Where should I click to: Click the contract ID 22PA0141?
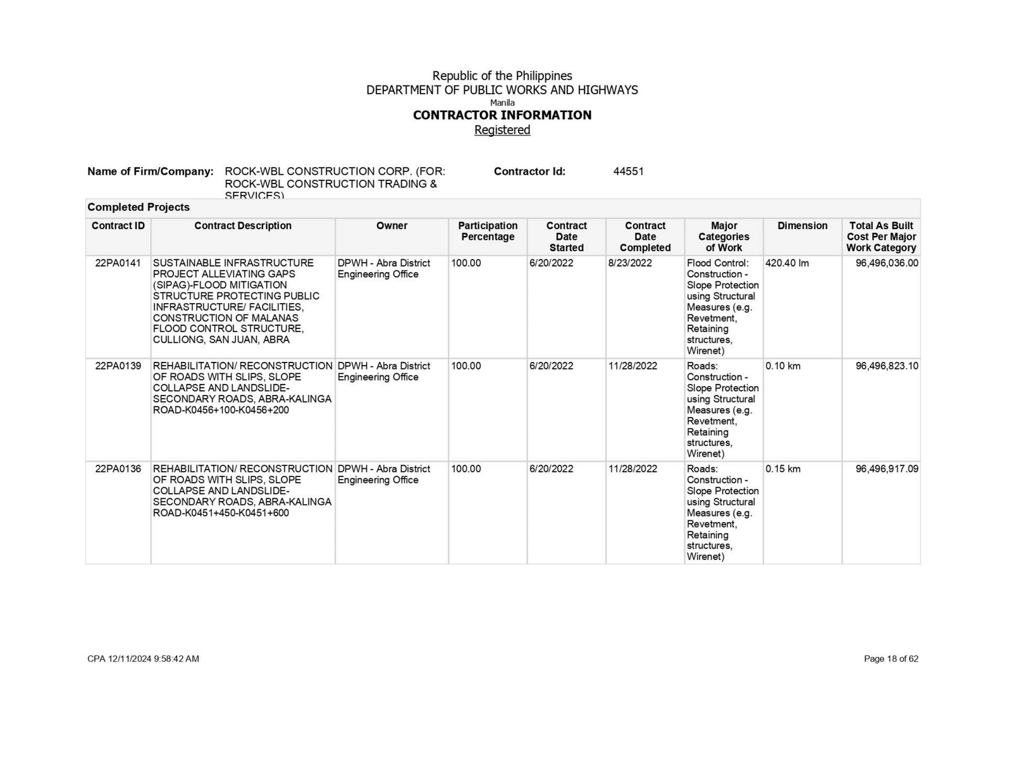pyautogui.click(x=118, y=263)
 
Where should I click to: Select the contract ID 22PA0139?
pyautogui.click(x=118, y=366)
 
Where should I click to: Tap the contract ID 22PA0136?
pyautogui.click(x=118, y=469)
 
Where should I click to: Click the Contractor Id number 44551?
pyautogui.click(x=628, y=171)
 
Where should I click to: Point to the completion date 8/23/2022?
pyautogui.click(x=629, y=263)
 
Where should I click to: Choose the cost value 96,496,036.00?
pyautogui.click(x=886, y=263)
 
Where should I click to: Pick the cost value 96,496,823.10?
pyautogui.click(x=886, y=366)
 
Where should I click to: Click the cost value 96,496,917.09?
pyautogui.click(x=886, y=469)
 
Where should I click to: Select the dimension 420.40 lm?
pyautogui.click(x=787, y=263)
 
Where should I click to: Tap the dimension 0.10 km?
pyautogui.click(x=782, y=366)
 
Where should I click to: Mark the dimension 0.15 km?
pyautogui.click(x=782, y=469)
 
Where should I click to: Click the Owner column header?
pyautogui.click(x=392, y=226)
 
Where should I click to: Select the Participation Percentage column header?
pyautogui.click(x=488, y=231)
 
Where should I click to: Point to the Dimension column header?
pyautogui.click(x=802, y=226)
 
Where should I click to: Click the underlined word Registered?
pyautogui.click(x=502, y=130)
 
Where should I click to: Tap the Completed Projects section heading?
pyautogui.click(x=139, y=208)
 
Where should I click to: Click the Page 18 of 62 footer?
pyautogui.click(x=891, y=659)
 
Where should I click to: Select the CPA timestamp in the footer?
pyautogui.click(x=143, y=659)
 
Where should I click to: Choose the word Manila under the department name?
pyautogui.click(x=502, y=102)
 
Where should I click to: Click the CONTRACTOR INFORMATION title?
pyautogui.click(x=502, y=115)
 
